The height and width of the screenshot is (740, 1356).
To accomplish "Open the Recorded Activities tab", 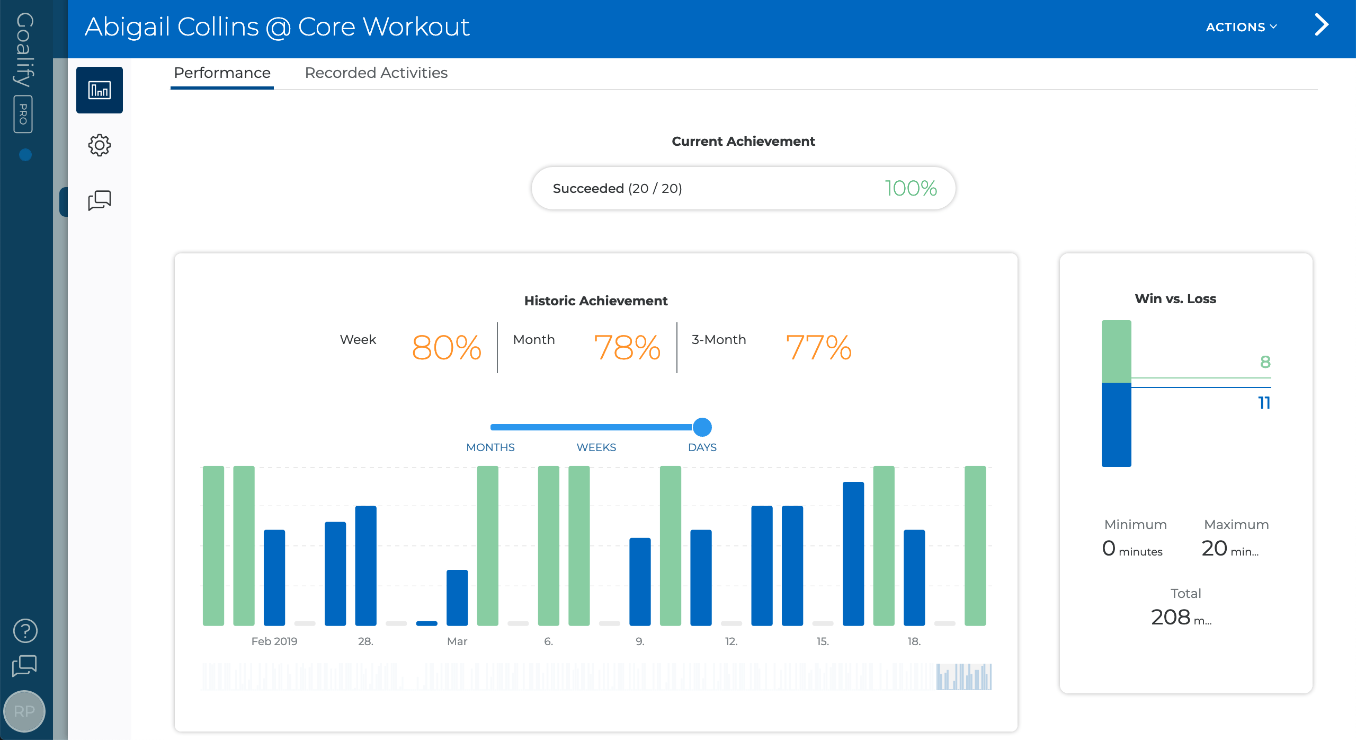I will tap(376, 73).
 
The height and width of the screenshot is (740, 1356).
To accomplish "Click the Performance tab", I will tap(222, 73).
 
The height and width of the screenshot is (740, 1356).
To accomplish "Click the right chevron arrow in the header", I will tap(1321, 25).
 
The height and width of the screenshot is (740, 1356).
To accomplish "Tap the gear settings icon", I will tap(99, 145).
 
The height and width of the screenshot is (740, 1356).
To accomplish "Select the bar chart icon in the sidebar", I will tap(99, 90).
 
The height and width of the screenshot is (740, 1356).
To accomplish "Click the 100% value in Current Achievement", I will tap(911, 188).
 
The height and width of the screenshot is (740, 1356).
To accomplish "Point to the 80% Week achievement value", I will tap(447, 348).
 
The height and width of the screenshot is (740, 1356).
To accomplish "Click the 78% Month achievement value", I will tap(627, 348).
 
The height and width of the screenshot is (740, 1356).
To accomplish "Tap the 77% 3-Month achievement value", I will tap(818, 348).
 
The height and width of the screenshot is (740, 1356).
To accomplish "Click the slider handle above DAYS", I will tap(702, 427).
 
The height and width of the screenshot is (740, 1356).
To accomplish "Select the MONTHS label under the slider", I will tap(490, 447).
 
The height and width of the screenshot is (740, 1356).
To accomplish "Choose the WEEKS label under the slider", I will tap(596, 447).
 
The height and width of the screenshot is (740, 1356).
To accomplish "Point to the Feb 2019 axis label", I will tap(274, 641).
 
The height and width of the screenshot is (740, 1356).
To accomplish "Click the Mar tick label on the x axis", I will tap(457, 641).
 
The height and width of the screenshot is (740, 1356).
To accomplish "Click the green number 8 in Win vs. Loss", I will tap(1265, 362).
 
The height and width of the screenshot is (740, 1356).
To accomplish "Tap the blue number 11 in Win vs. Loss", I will tap(1264, 403).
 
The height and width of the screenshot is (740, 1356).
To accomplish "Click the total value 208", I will tap(1171, 617).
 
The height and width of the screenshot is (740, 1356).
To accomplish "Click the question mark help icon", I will tap(25, 631).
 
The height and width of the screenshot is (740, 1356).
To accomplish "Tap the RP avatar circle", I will tap(24, 711).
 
